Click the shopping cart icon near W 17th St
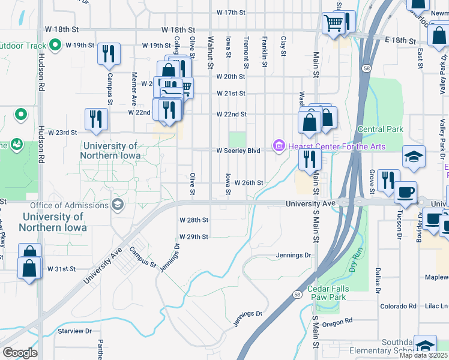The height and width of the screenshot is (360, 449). pyautogui.click(x=334, y=24)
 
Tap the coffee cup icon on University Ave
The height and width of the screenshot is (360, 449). pyautogui.click(x=406, y=193)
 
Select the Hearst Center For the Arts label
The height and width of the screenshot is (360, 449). pyautogui.click(x=336, y=146)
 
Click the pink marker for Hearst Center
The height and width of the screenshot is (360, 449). pyautogui.click(x=279, y=146)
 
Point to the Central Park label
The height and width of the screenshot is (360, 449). pyautogui.click(x=380, y=129)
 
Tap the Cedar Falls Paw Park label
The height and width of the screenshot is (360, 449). pyautogui.click(x=335, y=293)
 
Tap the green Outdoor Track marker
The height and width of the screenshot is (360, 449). pyautogui.click(x=55, y=45)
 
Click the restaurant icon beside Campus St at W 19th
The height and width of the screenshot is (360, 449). pyautogui.click(x=109, y=53)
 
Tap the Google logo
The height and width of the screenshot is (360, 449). pyautogui.click(x=20, y=352)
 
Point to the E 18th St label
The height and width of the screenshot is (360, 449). pyautogui.click(x=400, y=40)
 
